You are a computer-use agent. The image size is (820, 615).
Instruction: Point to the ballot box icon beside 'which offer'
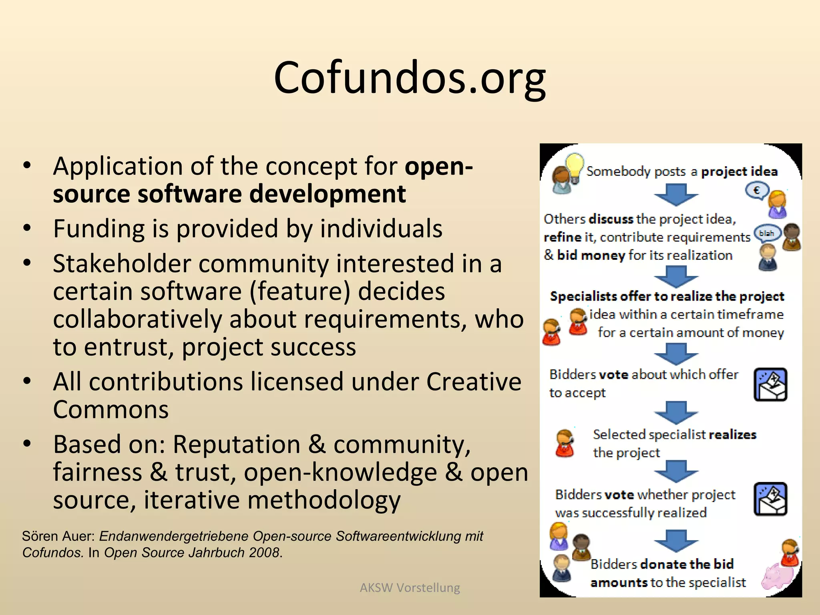coord(770,384)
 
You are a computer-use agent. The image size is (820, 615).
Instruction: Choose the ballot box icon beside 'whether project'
coord(770,499)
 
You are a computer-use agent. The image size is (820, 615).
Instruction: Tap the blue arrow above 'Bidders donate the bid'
coord(676,540)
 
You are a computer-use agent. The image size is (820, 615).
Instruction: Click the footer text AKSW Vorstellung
coord(410,587)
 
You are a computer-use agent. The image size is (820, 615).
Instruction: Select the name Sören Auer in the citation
coord(58,536)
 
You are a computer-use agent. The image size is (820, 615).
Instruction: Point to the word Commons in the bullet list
coord(111,410)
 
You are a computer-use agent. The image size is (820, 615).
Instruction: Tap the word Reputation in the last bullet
coord(237,444)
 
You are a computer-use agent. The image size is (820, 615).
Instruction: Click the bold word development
coord(327,194)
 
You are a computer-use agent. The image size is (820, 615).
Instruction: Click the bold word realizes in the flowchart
coord(732,435)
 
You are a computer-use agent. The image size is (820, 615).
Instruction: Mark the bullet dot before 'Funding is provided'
coord(27,229)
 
